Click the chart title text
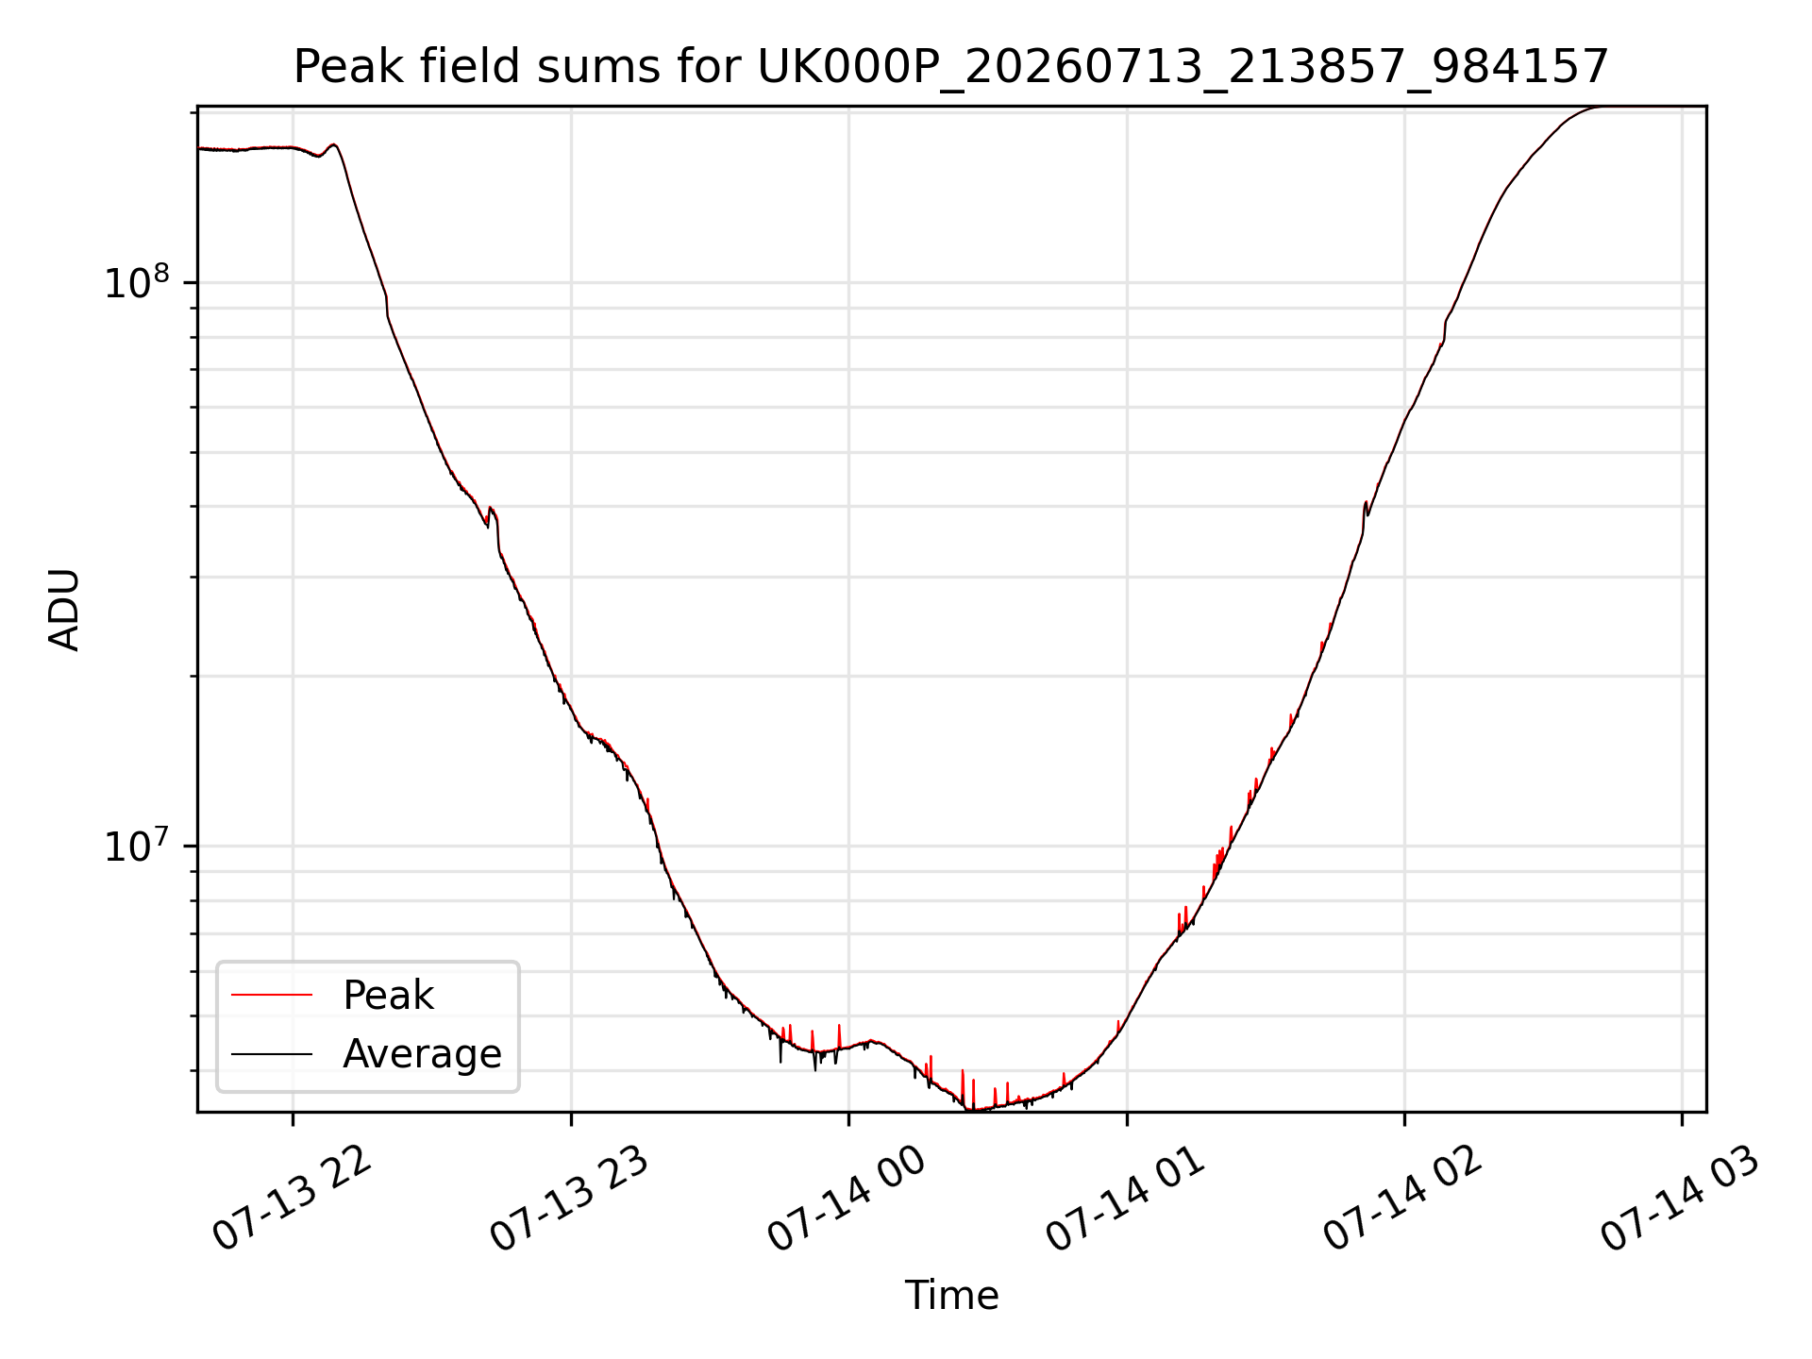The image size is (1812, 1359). click(951, 67)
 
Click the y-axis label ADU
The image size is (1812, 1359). click(64, 610)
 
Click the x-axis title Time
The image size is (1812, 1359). click(951, 1296)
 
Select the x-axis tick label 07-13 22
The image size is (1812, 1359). click(293, 1199)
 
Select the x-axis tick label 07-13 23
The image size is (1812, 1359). click(570, 1199)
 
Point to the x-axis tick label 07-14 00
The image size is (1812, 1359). click(847, 1199)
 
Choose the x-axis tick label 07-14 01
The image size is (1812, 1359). click(1126, 1199)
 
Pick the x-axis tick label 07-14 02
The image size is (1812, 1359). click(1403, 1199)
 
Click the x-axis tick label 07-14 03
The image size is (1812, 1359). click(1681, 1199)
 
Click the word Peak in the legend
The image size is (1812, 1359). click(388, 996)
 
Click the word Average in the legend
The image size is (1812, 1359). click(422, 1054)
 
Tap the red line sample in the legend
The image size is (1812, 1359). click(272, 995)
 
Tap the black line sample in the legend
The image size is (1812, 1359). click(272, 1053)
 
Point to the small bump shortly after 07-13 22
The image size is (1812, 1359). click(333, 145)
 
